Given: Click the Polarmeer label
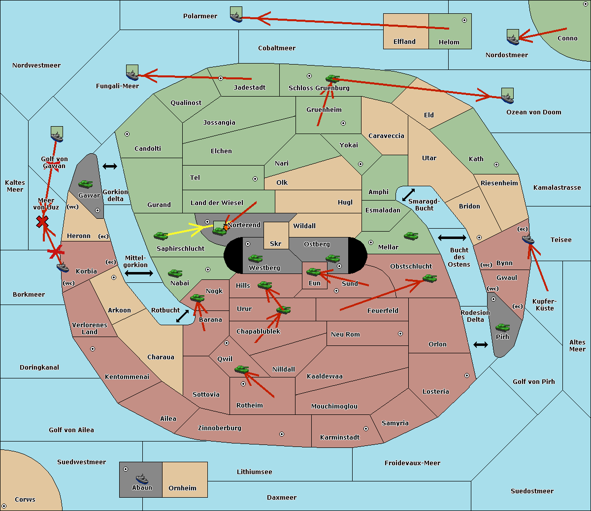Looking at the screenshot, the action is click(200, 16).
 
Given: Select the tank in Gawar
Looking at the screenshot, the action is click(86, 184).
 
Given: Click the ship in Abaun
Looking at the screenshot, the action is click(142, 478).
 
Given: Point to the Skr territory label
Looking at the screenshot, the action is click(276, 243).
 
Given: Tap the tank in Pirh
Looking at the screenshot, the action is click(502, 327).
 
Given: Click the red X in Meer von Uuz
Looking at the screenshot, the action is click(42, 222).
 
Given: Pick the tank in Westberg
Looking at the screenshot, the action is click(255, 259).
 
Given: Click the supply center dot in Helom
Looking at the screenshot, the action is click(464, 20).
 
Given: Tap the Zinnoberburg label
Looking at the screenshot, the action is click(220, 428).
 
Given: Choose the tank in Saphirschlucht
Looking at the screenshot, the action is click(161, 236).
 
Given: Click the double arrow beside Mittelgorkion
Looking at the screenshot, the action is click(139, 273).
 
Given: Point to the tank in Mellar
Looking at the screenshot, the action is click(411, 236).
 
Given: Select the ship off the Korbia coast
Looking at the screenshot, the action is click(63, 268).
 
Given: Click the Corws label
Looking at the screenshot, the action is click(25, 499).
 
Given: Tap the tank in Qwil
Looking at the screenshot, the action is click(242, 370).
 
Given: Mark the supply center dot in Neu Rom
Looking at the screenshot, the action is click(400, 334).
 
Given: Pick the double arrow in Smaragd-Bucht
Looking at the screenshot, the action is click(408, 195).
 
